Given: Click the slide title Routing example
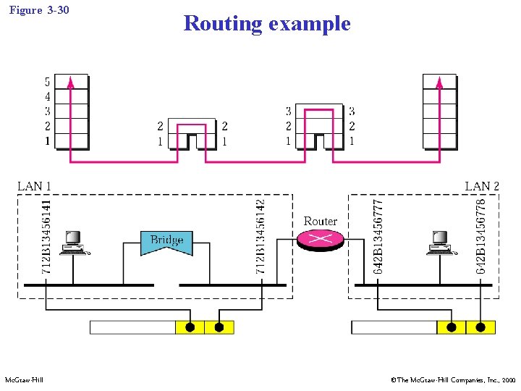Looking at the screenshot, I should (x=266, y=23).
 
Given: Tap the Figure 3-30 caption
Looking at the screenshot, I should (x=40, y=10).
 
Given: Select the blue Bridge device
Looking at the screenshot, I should (x=166, y=242).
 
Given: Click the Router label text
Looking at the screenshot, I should (x=320, y=221).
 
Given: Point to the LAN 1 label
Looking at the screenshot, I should (x=34, y=186).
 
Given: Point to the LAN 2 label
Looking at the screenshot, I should (x=481, y=186).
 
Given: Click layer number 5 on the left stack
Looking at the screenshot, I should (x=47, y=82).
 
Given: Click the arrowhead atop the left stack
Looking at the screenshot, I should (x=70, y=82).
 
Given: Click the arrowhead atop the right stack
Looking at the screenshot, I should (x=439, y=82).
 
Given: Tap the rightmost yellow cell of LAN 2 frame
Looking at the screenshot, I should (x=480, y=327).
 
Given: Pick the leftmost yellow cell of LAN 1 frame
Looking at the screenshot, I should (x=190, y=327).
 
